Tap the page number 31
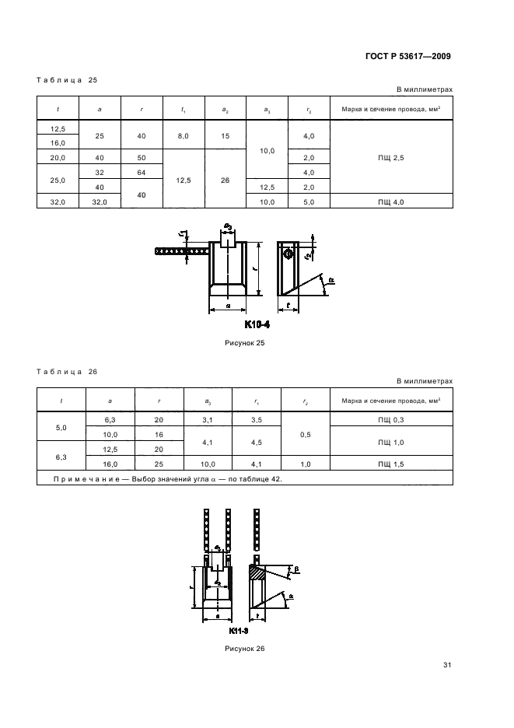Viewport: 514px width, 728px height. tap(447, 665)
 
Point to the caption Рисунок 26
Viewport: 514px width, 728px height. tap(246, 648)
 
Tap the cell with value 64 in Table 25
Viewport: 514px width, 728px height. tap(142, 172)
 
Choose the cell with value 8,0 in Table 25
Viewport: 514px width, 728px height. tap(183, 135)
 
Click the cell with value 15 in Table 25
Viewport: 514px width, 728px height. tap(225, 135)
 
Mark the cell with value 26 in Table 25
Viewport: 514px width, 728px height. tap(225, 180)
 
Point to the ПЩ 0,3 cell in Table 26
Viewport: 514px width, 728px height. tap(391, 420)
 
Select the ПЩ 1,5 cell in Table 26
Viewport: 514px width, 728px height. tap(391, 464)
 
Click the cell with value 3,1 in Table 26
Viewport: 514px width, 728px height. tap(207, 420)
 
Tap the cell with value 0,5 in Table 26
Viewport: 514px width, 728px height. tap(305, 434)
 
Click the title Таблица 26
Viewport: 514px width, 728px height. tap(67, 372)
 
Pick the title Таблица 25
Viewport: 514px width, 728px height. tap(67, 80)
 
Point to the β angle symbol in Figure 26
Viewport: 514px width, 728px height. tap(296, 570)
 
